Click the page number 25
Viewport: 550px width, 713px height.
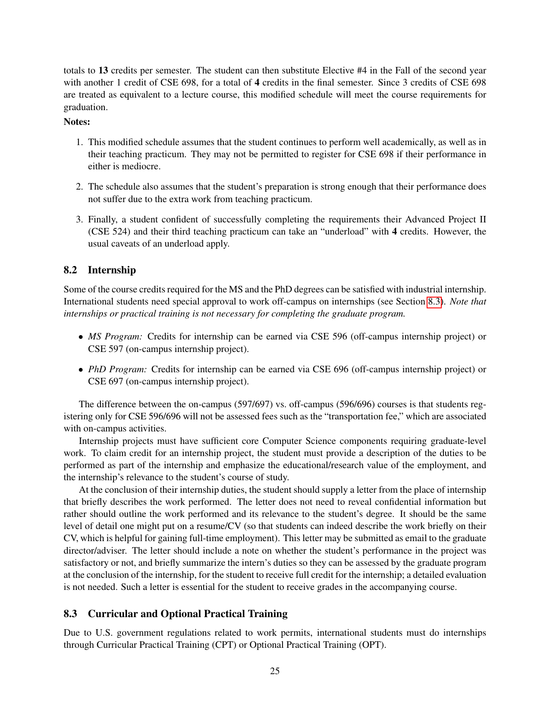pos(275,671)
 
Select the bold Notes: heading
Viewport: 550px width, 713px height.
pos(77,122)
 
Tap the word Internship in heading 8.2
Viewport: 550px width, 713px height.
pos(112,270)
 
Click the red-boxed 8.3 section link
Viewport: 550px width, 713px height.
pos(434,301)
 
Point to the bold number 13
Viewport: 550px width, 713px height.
pos(104,70)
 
